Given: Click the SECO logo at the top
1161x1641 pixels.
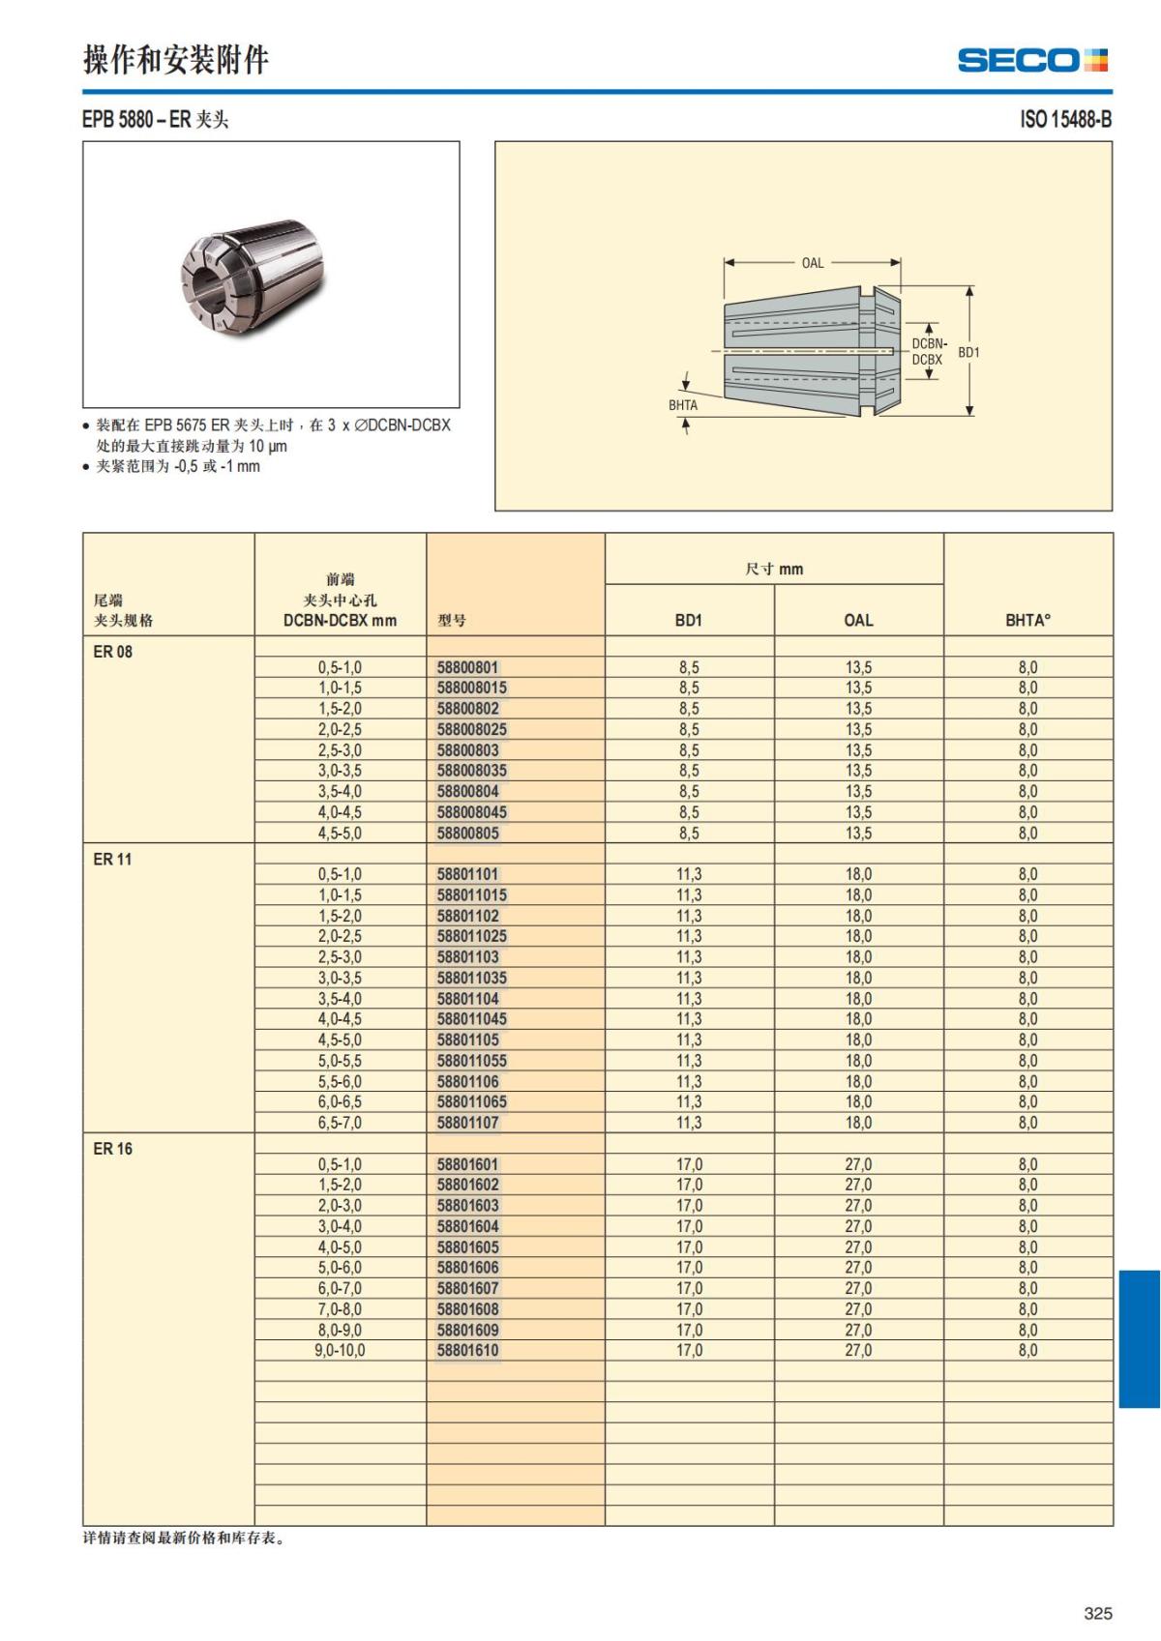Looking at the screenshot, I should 1032,61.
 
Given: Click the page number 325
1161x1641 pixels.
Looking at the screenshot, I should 1098,1613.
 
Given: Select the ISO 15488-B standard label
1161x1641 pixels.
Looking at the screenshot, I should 1065,120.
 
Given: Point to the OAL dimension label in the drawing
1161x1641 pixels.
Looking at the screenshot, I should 813,263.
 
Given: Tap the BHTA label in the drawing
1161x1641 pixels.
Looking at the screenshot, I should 683,405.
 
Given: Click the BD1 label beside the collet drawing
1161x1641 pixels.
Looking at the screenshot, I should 968,353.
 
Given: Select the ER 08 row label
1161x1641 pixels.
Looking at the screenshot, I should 113,652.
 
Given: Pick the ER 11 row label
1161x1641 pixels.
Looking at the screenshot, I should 113,859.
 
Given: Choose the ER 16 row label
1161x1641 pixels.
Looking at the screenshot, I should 113,1149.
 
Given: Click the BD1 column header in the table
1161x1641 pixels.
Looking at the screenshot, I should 689,620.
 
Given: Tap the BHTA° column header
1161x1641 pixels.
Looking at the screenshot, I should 1027,620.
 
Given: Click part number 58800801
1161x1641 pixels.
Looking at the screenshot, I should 468,667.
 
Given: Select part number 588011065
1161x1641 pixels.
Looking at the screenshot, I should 472,1101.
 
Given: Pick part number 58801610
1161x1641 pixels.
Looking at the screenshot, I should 468,1350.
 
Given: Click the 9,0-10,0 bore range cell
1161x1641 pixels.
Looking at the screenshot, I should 340,1350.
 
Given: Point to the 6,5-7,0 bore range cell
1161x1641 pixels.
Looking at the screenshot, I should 340,1123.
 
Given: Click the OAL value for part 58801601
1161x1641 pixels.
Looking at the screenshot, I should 858,1164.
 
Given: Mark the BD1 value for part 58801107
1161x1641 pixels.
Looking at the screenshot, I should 689,1123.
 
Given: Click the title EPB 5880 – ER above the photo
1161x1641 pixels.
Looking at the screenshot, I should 156,120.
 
